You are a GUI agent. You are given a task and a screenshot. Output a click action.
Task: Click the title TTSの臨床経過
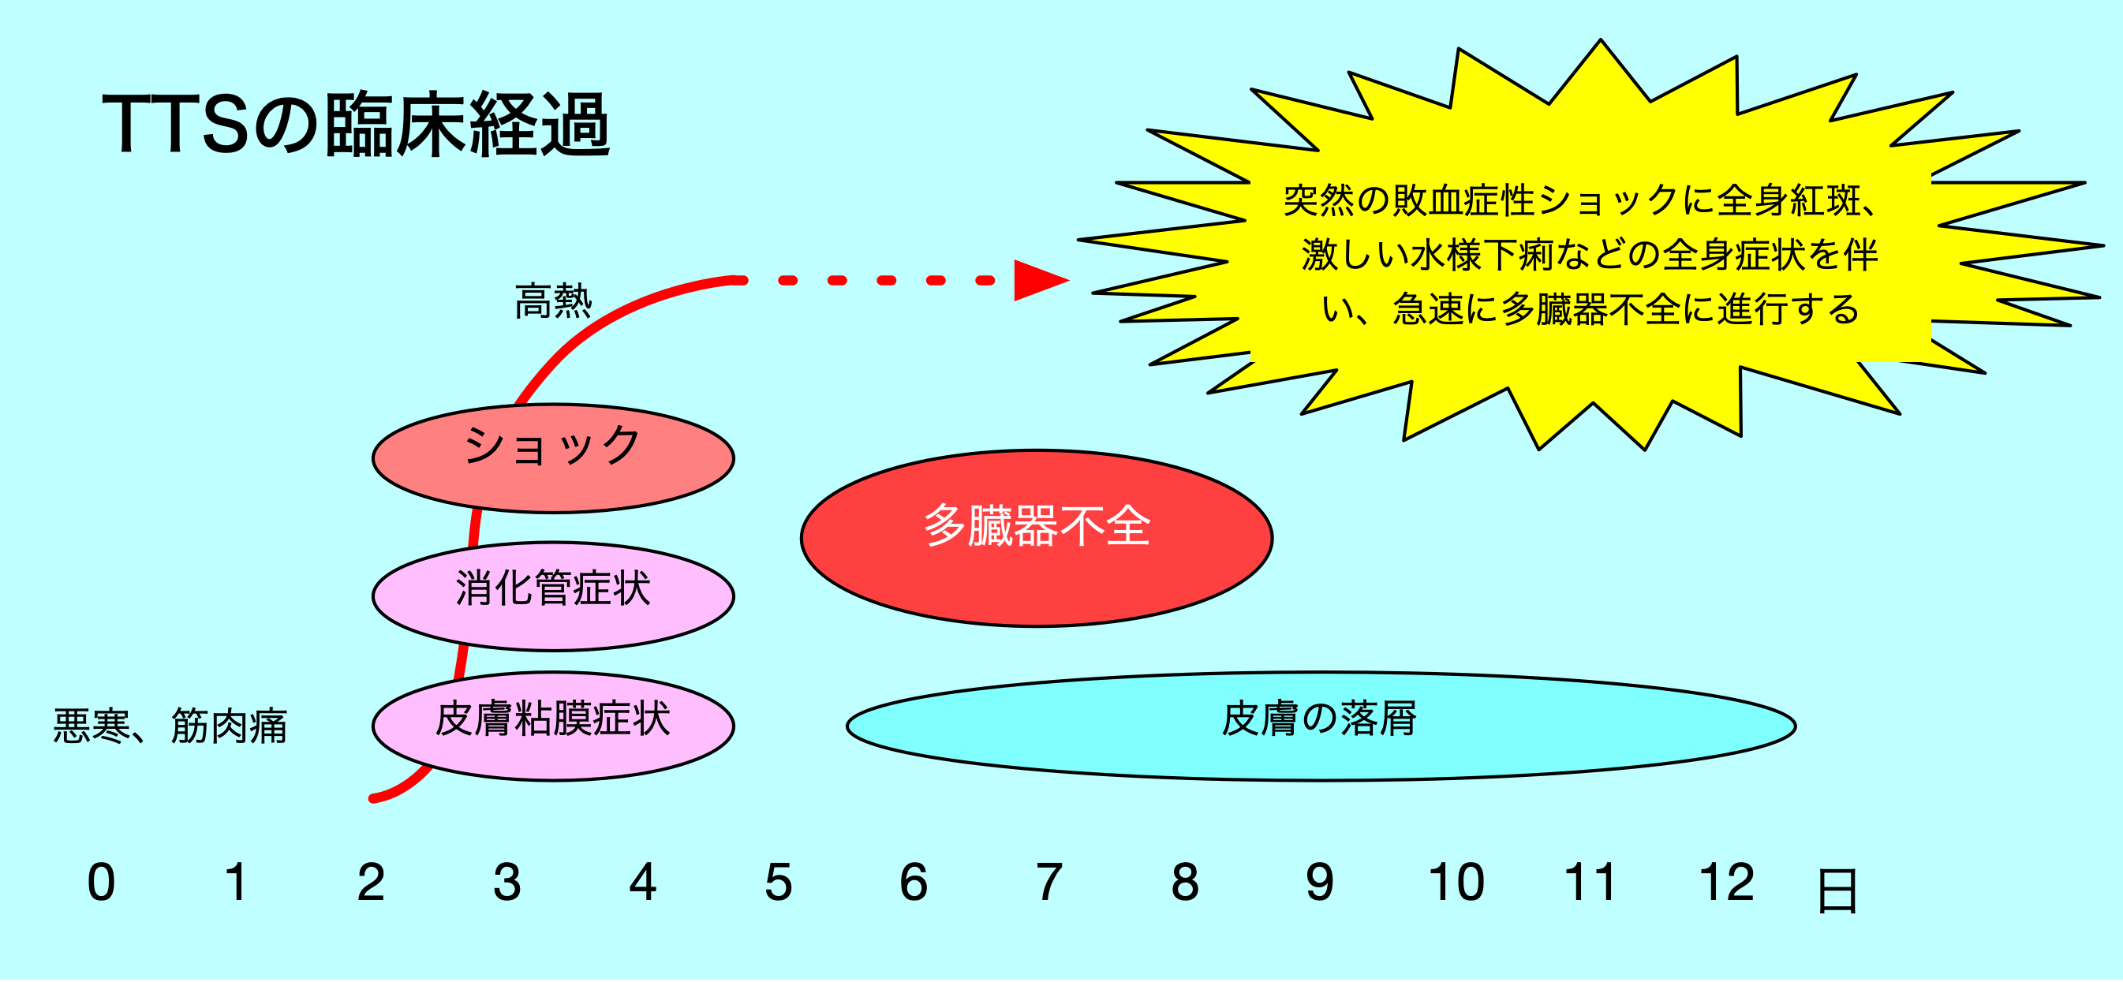click(x=356, y=125)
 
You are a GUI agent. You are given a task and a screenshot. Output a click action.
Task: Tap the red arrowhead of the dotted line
click(x=1041, y=281)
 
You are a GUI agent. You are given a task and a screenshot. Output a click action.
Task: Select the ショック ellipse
click(x=553, y=458)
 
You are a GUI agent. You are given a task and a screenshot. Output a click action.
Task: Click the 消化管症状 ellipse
click(x=553, y=596)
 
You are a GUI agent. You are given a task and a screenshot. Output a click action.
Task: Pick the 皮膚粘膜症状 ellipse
click(x=553, y=726)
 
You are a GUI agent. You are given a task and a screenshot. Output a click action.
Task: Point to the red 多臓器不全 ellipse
click(x=1037, y=539)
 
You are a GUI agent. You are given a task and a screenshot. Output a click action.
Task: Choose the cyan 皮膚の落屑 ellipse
click(x=1321, y=726)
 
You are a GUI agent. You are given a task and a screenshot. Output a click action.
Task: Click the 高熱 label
click(x=554, y=301)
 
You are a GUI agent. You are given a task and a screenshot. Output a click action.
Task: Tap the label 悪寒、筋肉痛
click(x=170, y=726)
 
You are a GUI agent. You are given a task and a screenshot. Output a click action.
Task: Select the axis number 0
click(x=101, y=883)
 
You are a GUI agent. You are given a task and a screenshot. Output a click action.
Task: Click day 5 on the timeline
click(x=779, y=883)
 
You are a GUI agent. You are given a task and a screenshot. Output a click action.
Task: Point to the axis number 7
click(x=1049, y=883)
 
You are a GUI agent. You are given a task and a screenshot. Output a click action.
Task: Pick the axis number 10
click(x=1456, y=883)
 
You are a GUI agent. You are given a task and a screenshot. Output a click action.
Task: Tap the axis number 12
click(x=1728, y=883)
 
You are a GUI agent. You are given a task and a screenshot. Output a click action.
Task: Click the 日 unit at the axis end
click(x=1837, y=891)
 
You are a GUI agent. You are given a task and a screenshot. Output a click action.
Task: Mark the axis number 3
click(x=506, y=883)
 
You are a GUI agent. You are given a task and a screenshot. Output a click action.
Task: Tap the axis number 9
click(x=1321, y=883)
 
